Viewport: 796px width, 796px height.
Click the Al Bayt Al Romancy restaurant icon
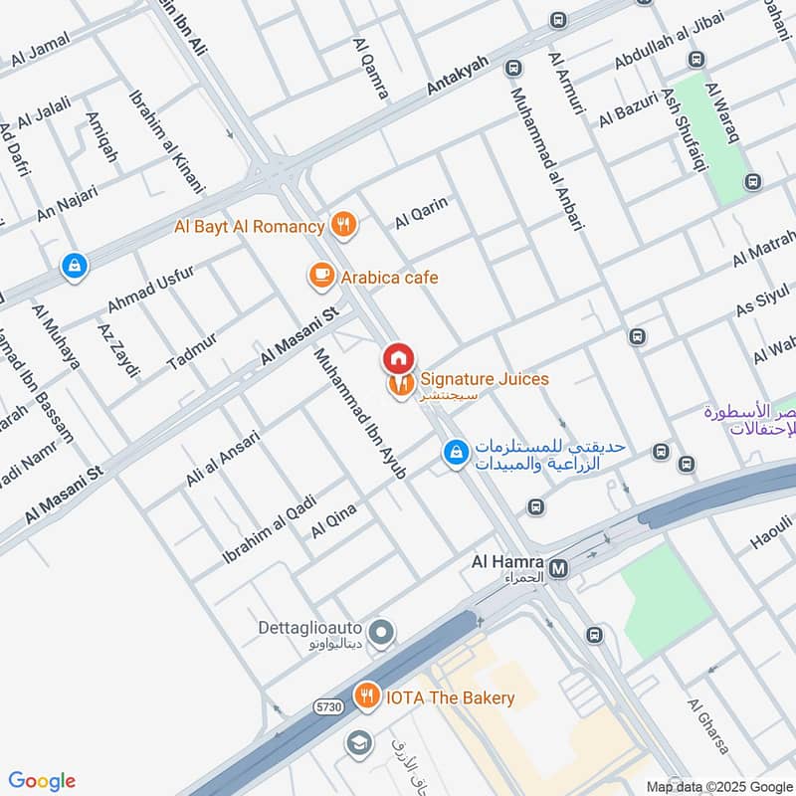(x=343, y=226)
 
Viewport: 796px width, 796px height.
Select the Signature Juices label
(x=484, y=379)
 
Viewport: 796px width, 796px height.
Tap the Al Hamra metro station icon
(x=559, y=568)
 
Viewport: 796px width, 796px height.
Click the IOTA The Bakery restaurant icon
(x=368, y=696)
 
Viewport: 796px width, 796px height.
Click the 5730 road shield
(x=328, y=706)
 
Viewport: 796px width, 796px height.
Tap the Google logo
(x=42, y=780)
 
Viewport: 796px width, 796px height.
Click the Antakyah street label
(x=458, y=76)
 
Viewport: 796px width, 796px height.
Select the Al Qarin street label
(x=422, y=214)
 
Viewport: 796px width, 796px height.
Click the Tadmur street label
(x=192, y=345)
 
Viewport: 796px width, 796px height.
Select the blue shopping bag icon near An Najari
(x=74, y=266)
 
